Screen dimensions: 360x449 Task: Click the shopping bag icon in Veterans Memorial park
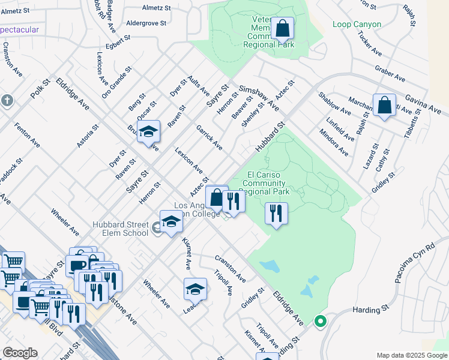click(x=282, y=28)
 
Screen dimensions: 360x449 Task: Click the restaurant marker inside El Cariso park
click(x=276, y=213)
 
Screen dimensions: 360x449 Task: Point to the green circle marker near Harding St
click(x=320, y=322)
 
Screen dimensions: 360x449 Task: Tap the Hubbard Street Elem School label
click(x=120, y=229)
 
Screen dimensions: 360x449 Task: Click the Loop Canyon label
click(x=357, y=25)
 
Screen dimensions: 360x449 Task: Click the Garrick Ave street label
click(x=209, y=137)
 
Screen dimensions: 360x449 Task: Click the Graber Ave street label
click(x=390, y=74)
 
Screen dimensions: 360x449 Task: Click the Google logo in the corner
click(x=20, y=353)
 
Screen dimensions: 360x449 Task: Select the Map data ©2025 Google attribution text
click(x=411, y=355)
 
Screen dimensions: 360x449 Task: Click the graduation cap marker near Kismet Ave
click(x=195, y=290)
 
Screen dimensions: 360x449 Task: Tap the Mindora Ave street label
click(x=334, y=142)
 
